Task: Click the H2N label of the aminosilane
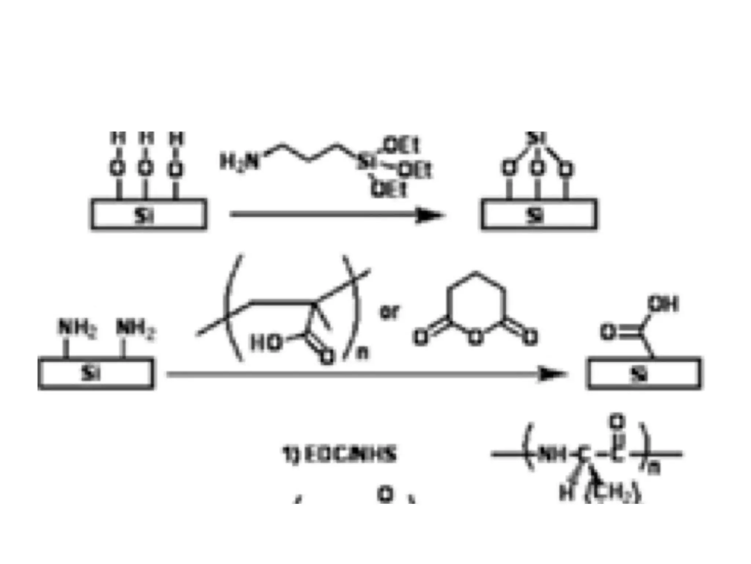239,162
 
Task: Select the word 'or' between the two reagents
389,312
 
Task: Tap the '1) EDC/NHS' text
339,454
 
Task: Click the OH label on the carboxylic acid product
663,304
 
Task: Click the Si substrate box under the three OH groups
149,214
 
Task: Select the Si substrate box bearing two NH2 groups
95,373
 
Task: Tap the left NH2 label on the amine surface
77,328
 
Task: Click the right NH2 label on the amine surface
135,328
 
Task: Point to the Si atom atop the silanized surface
536,138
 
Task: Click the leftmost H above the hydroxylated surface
118,139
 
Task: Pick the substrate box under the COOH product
645,373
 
